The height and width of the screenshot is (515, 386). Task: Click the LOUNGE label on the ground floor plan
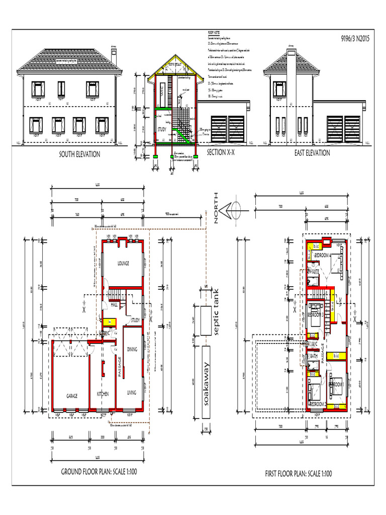coord(124,263)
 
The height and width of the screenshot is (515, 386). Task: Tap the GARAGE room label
coord(72,396)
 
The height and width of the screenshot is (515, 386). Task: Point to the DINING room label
coord(132,349)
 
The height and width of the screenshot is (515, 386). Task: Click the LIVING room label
coord(132,393)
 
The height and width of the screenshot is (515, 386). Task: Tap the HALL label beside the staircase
coord(114,305)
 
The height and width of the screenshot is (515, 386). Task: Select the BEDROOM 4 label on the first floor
coord(322,256)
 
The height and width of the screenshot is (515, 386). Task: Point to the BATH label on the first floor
coord(314,356)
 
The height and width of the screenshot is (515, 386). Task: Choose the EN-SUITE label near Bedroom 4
coord(314,272)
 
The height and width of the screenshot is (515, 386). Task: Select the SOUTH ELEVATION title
coord(80,154)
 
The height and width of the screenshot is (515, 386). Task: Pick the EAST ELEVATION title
coord(312,153)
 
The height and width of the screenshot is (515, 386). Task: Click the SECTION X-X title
coord(224,152)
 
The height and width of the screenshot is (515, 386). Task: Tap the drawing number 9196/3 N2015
coord(354,37)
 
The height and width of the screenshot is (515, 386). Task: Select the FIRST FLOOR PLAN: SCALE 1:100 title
coord(298,474)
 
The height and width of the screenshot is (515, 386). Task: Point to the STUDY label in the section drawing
coord(162,129)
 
